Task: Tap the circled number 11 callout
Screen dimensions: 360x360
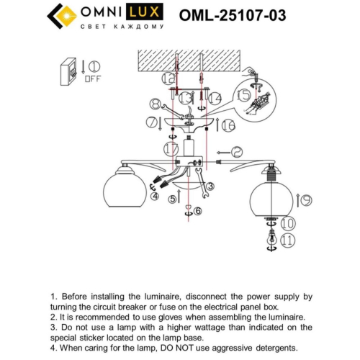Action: pyautogui.click(x=289, y=240)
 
